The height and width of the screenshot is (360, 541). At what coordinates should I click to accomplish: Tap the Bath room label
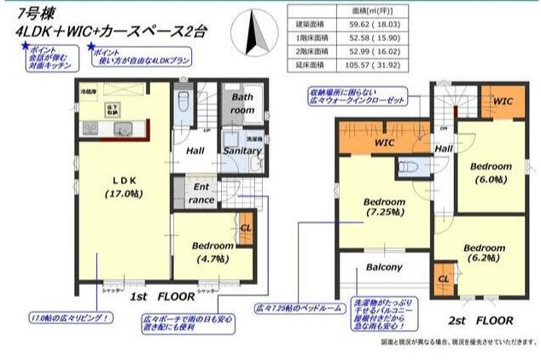coord(243,103)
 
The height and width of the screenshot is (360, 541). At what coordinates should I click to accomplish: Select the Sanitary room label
coord(241,151)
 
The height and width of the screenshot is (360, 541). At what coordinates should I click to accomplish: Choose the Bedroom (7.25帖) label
coord(383,206)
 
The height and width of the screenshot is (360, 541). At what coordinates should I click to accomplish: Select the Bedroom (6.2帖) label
coord(485,253)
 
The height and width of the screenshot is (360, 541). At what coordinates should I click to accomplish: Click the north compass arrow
coord(253,35)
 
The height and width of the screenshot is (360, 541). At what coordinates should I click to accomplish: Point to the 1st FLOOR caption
coord(160,299)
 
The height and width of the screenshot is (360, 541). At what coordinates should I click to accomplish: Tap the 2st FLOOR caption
coord(482,322)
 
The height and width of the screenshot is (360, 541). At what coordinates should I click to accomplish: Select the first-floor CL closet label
coord(246,229)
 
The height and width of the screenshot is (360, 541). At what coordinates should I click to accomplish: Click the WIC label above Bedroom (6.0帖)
coord(503,101)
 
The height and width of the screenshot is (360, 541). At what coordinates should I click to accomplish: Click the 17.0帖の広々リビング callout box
coord(71,318)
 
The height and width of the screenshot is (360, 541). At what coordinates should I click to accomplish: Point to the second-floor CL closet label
coord(444,279)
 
